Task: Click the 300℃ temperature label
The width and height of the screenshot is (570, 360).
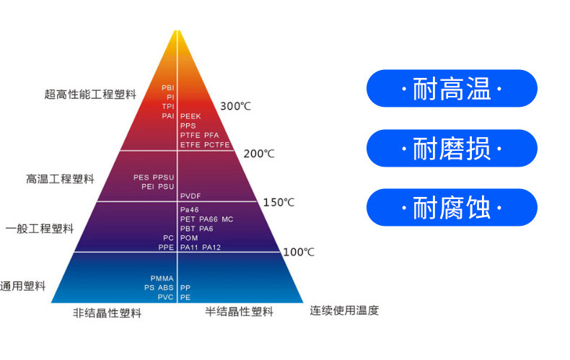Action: pos(236,106)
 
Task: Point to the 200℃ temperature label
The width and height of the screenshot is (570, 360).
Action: pos(259,154)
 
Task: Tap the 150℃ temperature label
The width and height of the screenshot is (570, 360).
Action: pos(279,202)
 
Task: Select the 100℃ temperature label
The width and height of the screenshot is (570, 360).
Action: pos(299,253)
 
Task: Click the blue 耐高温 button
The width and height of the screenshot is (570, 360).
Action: pos(452,89)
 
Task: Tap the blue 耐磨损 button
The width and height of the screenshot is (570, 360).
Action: pos(452,149)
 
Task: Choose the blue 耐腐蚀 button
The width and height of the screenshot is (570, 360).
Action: pos(452,208)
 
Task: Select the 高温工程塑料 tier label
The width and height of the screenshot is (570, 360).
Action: pos(60,179)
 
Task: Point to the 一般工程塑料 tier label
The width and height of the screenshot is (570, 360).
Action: pos(40,229)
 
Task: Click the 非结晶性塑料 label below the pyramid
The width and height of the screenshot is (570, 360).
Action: pos(107,312)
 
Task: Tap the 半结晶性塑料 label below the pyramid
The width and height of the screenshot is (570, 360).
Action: pos(239,312)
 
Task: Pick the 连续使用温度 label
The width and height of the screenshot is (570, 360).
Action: pos(344,311)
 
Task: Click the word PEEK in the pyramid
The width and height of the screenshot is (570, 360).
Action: pos(190,115)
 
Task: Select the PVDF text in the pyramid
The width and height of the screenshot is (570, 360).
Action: pos(190,196)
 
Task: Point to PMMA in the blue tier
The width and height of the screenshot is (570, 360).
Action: pos(162,278)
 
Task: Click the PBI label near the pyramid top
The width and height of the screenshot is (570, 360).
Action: pos(168,87)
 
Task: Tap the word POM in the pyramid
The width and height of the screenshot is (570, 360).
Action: pos(189,237)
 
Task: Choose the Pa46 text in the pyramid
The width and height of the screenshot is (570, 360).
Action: pos(190,209)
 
